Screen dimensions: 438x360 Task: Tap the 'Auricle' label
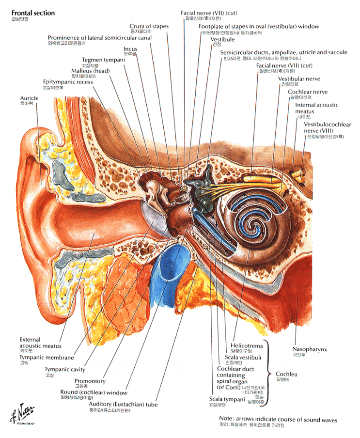coord(29,98)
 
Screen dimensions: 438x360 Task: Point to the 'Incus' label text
coord(130,49)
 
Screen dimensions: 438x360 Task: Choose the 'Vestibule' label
coord(222,39)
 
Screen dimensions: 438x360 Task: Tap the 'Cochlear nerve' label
coord(308,92)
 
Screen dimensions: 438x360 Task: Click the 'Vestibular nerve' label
coord(299,78)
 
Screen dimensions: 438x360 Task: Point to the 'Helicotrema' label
coord(247,345)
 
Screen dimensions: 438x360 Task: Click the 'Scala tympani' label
coord(221,400)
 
